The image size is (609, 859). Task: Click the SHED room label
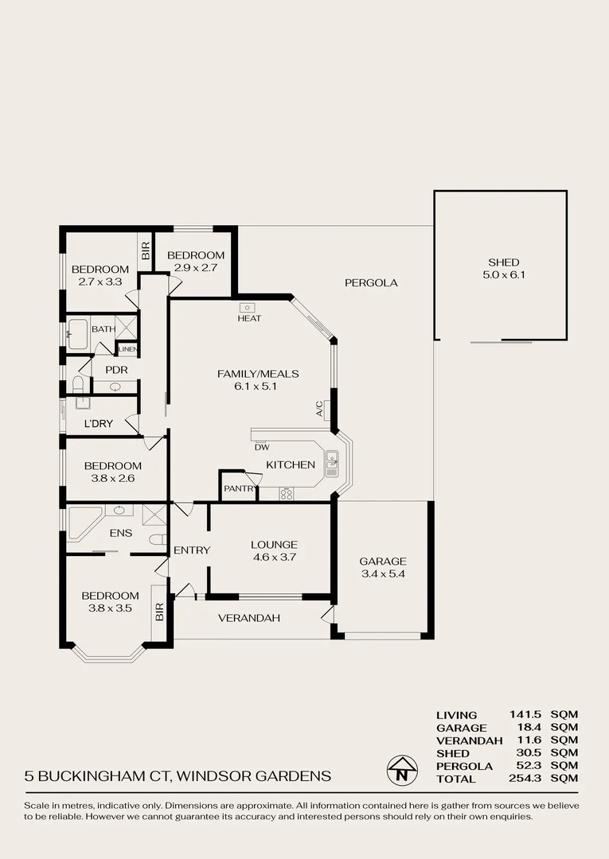click(503, 262)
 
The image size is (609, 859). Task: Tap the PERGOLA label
click(371, 282)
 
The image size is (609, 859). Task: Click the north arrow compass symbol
click(403, 769)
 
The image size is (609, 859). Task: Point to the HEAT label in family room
click(249, 318)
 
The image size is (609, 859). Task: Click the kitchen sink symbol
click(332, 458)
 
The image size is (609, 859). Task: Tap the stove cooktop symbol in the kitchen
click(287, 494)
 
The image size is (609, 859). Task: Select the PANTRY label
click(238, 488)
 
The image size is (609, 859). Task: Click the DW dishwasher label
click(262, 447)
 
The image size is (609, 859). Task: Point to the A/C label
click(320, 409)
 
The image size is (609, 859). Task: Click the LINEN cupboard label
click(127, 349)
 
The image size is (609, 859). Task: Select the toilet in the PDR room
click(78, 385)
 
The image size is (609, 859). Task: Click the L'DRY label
click(98, 423)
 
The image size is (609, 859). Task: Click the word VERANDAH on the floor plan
click(248, 618)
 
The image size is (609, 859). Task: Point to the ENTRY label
click(192, 550)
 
